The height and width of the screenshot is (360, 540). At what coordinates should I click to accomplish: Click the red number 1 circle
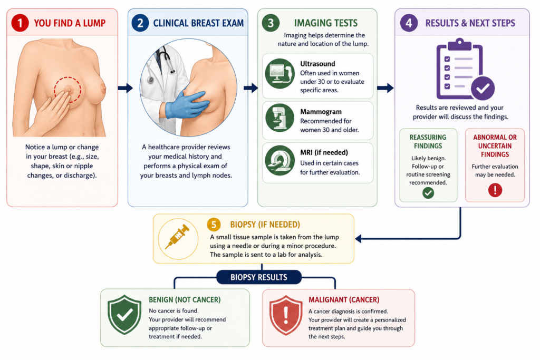point(20,23)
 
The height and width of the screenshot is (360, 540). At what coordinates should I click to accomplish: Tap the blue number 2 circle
point(140,23)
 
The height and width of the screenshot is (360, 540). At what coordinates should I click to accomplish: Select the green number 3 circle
point(271,23)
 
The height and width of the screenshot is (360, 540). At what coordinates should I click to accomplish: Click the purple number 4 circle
point(409,23)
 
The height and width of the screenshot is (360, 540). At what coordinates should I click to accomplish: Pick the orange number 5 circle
point(214,225)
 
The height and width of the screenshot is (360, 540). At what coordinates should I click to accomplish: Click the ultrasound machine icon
point(280,74)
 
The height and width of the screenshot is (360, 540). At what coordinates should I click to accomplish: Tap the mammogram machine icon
point(280,118)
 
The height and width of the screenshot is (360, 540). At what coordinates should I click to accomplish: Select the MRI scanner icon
point(280,160)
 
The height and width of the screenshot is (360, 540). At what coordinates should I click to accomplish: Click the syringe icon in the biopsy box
point(178,238)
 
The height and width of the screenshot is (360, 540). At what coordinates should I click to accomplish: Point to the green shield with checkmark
point(124,314)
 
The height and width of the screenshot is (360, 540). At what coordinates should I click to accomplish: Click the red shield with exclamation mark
point(286,315)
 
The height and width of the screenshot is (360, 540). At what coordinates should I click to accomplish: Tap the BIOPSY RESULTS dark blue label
point(259,277)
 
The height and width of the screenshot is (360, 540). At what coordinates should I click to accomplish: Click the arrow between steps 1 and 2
point(126,88)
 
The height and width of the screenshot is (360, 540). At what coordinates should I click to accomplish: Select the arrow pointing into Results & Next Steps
point(385,88)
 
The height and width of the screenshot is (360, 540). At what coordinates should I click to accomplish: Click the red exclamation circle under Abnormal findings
point(495,190)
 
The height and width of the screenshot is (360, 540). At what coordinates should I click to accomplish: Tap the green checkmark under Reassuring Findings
point(428,193)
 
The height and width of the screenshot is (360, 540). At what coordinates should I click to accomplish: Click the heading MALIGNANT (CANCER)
point(344,300)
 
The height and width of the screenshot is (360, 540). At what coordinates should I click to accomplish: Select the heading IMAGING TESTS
point(326,23)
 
